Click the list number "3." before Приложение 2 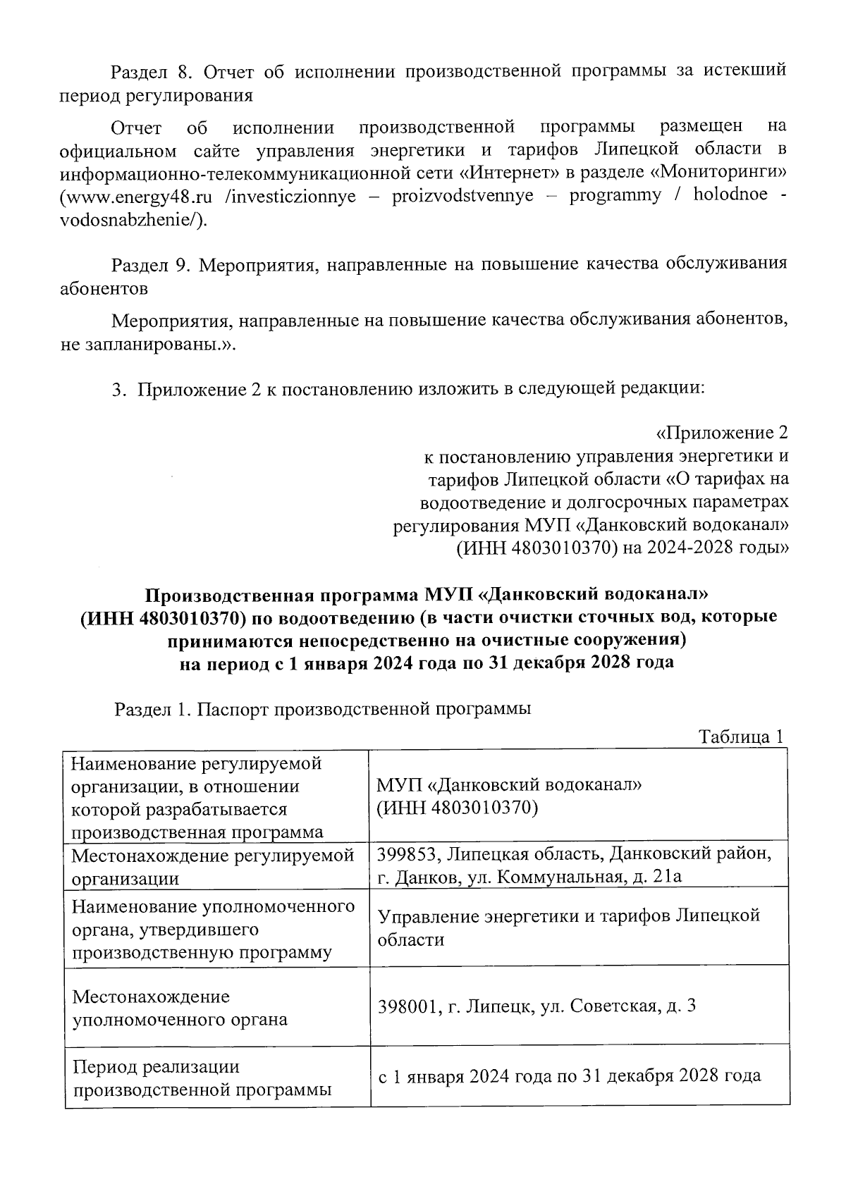click(119, 389)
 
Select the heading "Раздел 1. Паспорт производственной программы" click(323, 709)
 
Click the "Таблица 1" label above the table click(741, 737)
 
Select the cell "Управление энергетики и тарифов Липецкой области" click(568, 927)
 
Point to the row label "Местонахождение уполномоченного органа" click(180, 1008)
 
